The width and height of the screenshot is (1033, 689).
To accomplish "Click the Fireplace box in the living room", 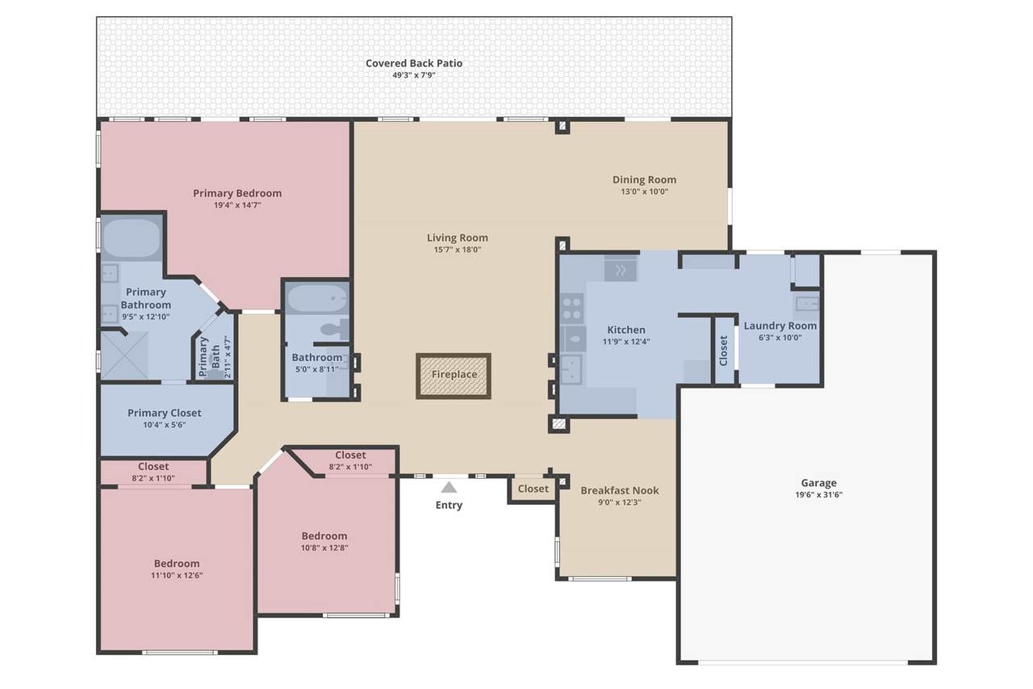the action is point(454,376).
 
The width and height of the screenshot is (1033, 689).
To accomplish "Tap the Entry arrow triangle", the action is point(449,487).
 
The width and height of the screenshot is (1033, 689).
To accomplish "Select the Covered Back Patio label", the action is point(414,63).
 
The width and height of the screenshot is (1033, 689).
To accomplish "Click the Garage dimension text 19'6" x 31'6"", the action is point(818,494).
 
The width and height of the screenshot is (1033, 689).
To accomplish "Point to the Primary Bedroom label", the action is point(237,193).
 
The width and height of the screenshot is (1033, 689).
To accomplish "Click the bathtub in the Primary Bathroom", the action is point(132,238).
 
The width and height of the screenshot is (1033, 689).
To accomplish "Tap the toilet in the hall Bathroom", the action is point(335,328).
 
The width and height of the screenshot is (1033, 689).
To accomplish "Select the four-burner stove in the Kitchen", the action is point(572,309).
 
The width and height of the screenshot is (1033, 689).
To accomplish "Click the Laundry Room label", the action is point(780,326).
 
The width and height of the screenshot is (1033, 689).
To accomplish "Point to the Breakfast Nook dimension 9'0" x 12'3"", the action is point(619,502).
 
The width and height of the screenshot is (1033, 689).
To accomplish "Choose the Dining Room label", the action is point(644,179).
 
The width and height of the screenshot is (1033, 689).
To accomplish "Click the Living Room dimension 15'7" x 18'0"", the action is point(457,250).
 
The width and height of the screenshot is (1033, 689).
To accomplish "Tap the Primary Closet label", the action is point(164,413).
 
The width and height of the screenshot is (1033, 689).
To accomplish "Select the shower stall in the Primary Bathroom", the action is point(124,355).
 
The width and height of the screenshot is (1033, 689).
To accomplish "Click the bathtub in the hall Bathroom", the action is point(317,298).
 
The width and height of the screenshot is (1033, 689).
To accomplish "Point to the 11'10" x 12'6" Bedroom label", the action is point(177,564).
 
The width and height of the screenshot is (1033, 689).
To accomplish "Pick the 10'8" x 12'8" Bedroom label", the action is point(324,536).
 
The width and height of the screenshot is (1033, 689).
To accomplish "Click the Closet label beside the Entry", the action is point(533,489).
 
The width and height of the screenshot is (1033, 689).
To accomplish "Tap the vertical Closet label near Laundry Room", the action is point(723,351).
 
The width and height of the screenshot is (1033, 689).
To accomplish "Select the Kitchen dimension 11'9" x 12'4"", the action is point(625,342).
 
